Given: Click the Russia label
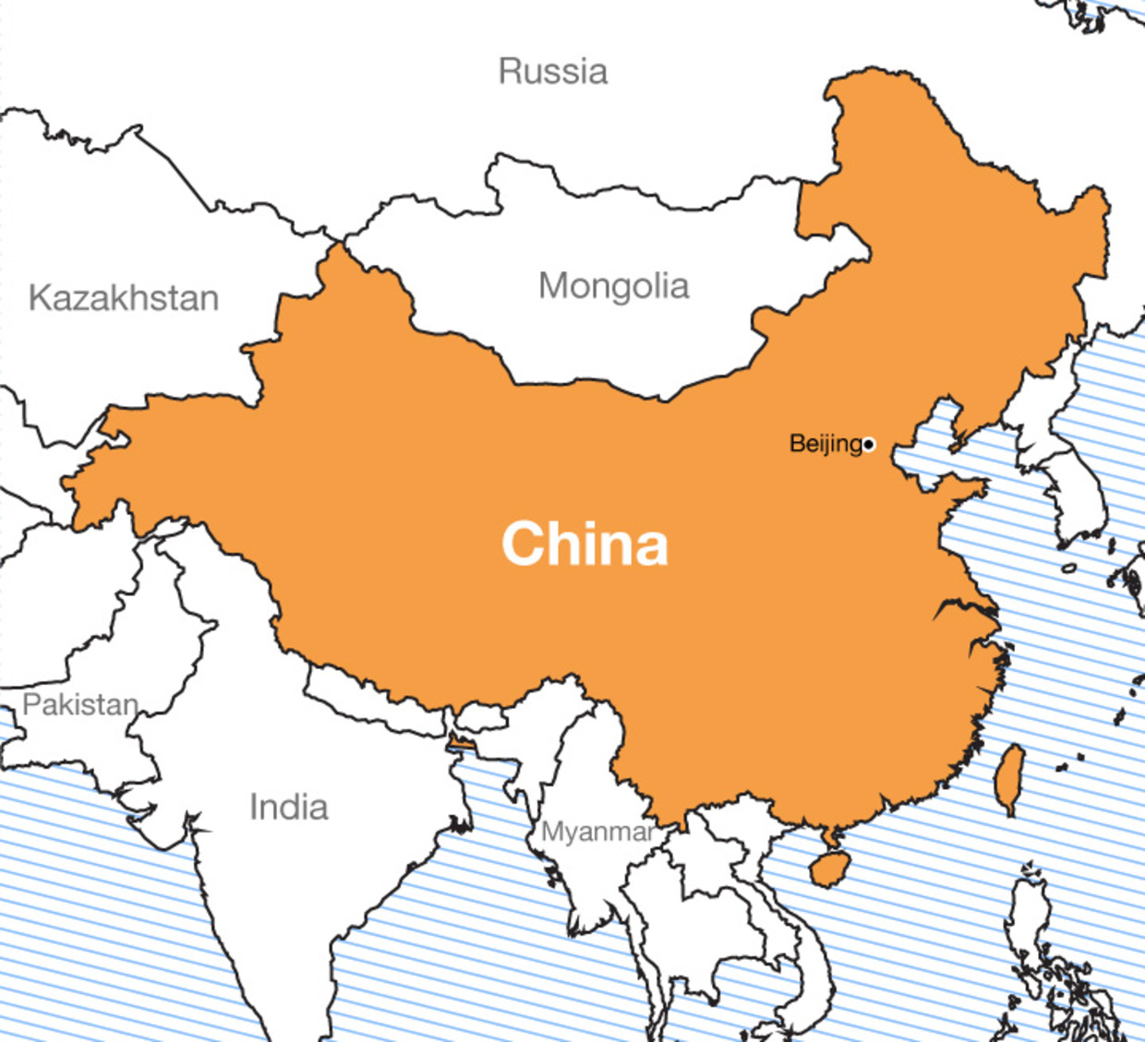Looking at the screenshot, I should (552, 72).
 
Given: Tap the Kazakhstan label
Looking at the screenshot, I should (123, 298).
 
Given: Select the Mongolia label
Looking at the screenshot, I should (613, 286).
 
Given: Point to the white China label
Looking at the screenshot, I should (585, 544).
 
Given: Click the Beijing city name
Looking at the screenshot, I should (825, 444).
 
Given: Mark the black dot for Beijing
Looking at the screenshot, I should (868, 445).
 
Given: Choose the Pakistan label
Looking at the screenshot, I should (80, 705).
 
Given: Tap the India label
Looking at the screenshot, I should (288, 808).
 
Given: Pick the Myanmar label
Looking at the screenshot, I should (597, 832).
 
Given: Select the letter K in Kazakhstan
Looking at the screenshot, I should (39, 298).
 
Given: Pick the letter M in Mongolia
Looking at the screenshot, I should (552, 286).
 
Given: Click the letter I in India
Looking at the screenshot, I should (253, 808).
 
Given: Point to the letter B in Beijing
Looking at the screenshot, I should (796, 444).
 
